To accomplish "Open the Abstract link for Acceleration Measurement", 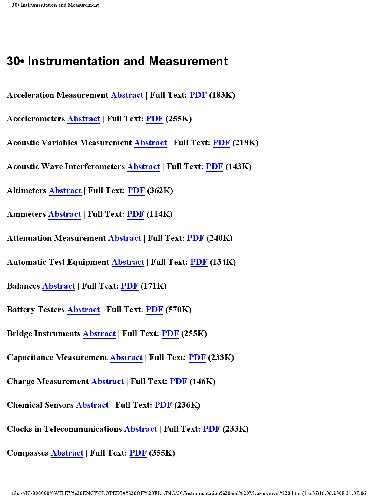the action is click(x=126, y=94).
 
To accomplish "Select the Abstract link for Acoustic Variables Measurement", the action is click(x=151, y=142).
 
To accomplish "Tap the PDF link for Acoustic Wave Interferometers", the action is click(x=214, y=166).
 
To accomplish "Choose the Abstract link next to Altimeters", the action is click(x=66, y=190).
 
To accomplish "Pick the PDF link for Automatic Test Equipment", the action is click(x=198, y=262).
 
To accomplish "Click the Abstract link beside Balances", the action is click(x=58, y=286).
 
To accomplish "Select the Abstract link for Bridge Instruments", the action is click(x=99, y=334).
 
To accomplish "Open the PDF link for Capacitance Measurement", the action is click(x=197, y=358).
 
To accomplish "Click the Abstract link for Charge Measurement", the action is click(x=107, y=382).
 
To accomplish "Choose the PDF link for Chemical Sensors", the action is click(x=164, y=406).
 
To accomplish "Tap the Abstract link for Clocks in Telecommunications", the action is click(x=140, y=430).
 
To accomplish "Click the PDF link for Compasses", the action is click(x=139, y=454).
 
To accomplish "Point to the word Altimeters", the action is click(x=25, y=190).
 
